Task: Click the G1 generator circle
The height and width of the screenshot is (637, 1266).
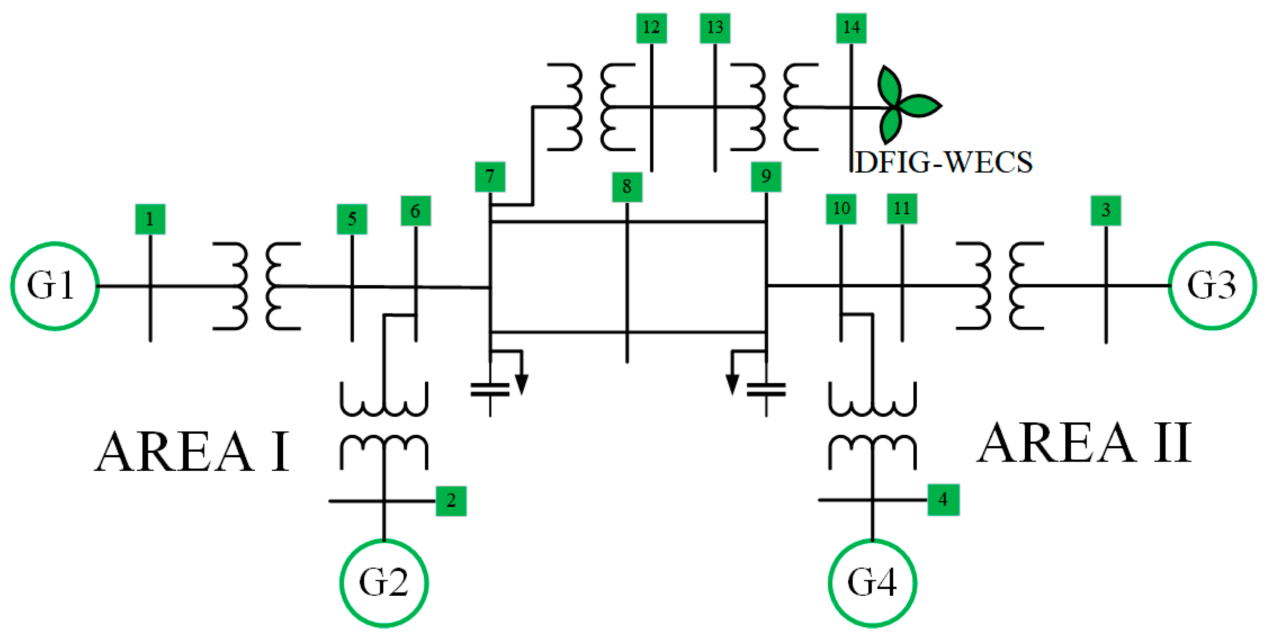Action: [54, 286]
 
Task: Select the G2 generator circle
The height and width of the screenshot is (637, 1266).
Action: [384, 583]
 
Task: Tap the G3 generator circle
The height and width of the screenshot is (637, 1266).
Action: [1212, 285]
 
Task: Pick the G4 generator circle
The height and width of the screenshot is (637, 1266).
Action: [872, 583]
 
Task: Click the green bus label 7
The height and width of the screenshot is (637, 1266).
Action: [489, 177]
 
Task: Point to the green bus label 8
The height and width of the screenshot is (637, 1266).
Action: [627, 187]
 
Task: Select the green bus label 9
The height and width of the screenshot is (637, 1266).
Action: [766, 177]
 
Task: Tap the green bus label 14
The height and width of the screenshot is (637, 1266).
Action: [851, 28]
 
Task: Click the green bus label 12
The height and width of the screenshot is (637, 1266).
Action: [651, 28]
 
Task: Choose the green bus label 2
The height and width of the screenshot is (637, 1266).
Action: [451, 501]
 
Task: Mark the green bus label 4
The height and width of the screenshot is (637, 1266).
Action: [943, 500]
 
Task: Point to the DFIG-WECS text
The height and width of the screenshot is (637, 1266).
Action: [944, 162]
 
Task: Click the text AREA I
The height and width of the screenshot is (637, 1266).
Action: [192, 452]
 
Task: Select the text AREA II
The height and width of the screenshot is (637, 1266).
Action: [1084, 444]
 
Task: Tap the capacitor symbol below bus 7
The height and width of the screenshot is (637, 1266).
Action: [490, 390]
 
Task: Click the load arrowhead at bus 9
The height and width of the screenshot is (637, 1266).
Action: [732, 384]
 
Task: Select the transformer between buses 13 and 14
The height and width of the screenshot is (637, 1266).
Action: [774, 107]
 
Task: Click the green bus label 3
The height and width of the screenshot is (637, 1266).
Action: [1106, 211]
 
